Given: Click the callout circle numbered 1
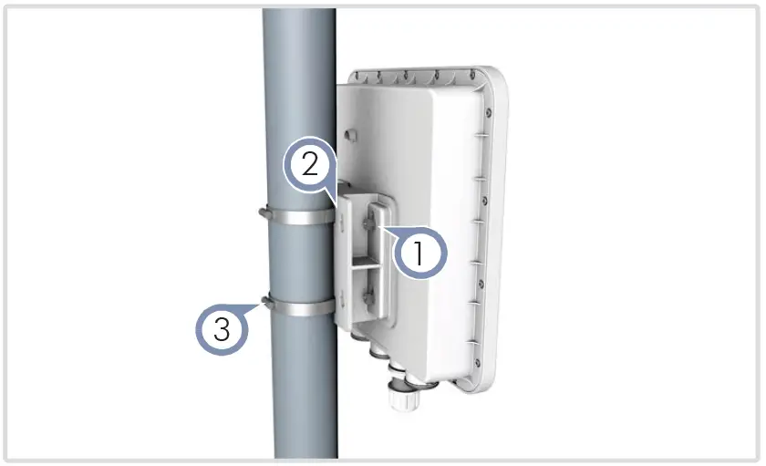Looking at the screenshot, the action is (x=420, y=254).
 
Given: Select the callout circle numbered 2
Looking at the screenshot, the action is (x=310, y=165).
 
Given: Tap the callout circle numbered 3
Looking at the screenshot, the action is (x=222, y=328).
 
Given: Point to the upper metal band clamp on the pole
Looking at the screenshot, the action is (x=299, y=217).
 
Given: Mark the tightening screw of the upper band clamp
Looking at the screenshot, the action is (x=264, y=212).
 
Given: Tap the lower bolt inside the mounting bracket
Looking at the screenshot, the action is (x=367, y=296).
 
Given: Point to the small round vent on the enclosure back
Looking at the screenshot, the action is (x=350, y=134).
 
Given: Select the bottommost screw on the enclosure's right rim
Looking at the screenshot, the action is (x=477, y=362).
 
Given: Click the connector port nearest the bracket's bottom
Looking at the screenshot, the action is (x=358, y=337).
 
